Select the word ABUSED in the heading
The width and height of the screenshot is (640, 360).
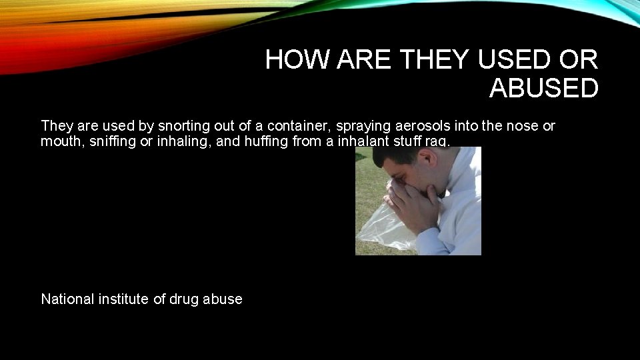(x=544, y=88)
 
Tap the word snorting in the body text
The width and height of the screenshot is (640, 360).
(x=157, y=126)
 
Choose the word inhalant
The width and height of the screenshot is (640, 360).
(x=353, y=141)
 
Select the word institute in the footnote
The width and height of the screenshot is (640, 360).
(x=125, y=299)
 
